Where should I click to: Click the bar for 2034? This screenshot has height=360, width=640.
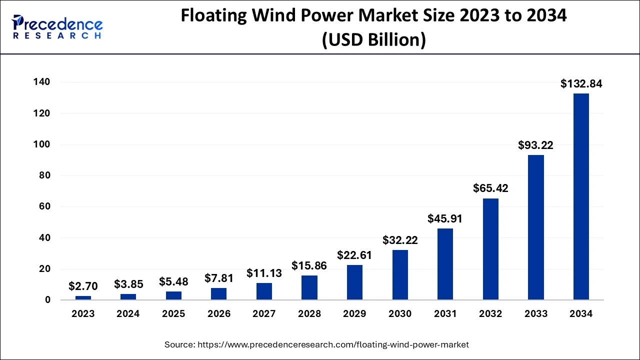point(581,196)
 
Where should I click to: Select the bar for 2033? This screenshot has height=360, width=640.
point(536,227)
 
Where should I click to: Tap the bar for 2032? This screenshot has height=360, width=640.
point(490,249)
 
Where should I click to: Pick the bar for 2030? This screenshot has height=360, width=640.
point(400,275)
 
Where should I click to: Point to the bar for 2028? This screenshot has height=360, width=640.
point(309,287)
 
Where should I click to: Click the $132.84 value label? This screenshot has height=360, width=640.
point(581,84)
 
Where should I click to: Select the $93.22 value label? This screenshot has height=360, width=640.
point(536,145)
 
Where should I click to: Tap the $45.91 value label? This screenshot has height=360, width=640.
point(445,218)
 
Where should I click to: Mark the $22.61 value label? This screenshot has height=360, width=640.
point(354,255)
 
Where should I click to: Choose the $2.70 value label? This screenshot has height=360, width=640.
point(83,286)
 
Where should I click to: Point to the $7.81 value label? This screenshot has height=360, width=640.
point(218,278)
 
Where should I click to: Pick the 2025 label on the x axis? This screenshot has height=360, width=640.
point(173,314)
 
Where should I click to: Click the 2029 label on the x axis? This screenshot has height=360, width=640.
point(354,314)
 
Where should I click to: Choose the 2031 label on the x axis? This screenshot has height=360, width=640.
point(445,314)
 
